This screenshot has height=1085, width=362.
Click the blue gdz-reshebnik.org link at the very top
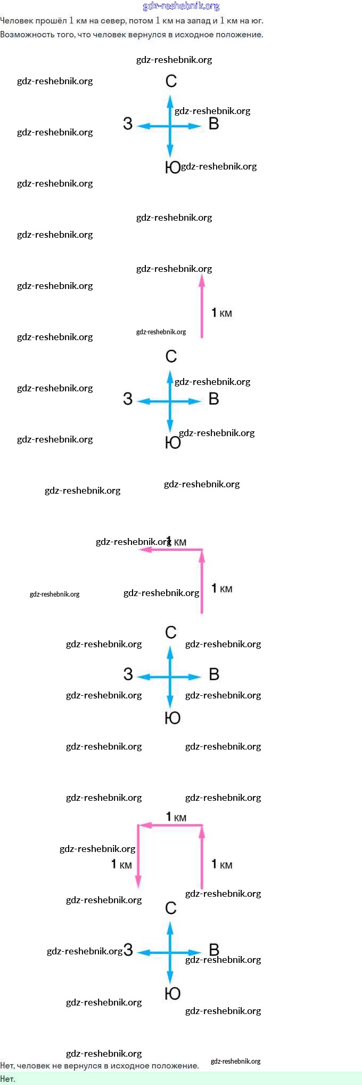[x=181, y=6]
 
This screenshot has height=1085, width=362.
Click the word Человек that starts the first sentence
[x=17, y=21]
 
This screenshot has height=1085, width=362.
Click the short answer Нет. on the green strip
[x=8, y=1079]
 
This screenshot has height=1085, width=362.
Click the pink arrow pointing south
[x=138, y=856]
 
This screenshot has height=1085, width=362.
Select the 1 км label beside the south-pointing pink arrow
[x=121, y=864]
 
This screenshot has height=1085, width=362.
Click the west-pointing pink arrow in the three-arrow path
[x=170, y=825]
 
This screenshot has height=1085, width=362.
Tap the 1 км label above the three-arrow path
[x=176, y=817]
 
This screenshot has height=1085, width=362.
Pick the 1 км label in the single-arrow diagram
[x=222, y=313]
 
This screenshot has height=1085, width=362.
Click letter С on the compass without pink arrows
[x=171, y=81]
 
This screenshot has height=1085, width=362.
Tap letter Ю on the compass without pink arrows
[x=172, y=167]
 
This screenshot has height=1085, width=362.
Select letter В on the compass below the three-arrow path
[x=214, y=950]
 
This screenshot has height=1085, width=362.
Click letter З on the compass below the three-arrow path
[x=128, y=950]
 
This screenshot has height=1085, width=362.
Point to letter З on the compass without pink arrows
[x=128, y=124]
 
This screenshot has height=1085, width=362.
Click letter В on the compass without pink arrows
[x=214, y=124]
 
